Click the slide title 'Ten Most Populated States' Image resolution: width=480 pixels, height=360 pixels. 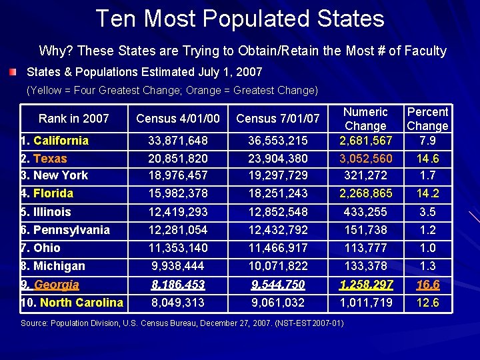(240, 19)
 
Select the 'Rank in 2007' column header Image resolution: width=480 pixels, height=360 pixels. (73, 119)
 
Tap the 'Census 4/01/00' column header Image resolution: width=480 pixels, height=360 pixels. (177, 119)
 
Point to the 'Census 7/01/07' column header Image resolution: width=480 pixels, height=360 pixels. (278, 119)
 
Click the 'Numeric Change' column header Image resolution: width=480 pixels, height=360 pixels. (365, 119)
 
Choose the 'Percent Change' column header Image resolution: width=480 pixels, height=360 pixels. (427, 119)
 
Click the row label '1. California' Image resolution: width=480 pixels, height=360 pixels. (55, 141)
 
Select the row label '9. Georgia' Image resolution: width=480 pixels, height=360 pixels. (50, 285)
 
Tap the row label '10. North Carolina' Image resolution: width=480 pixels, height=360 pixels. (71, 303)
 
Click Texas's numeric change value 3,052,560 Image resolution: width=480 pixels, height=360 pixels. (365, 159)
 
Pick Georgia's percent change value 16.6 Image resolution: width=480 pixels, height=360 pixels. (427, 285)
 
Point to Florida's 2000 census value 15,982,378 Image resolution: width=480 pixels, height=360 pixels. (178, 193)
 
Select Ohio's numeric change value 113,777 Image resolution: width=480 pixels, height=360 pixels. (365, 248)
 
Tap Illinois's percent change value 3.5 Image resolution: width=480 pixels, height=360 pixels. (427, 212)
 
